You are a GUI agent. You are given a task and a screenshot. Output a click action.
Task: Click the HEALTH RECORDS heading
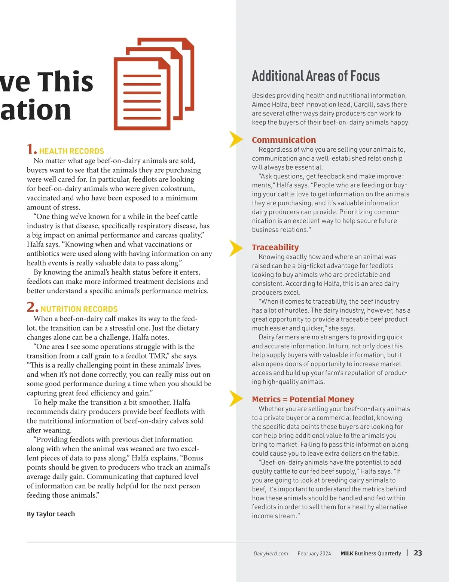click(71, 151)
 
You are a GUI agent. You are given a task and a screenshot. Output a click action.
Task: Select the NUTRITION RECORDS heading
click(79, 309)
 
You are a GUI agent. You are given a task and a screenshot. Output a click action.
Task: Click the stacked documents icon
click(153, 84)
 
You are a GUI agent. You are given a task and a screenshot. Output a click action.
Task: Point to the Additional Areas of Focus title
click(315, 76)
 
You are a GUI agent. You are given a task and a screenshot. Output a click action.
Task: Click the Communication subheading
click(284, 140)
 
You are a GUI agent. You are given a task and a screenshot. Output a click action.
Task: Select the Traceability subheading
click(275, 247)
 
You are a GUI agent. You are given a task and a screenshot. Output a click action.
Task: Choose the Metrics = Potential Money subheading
click(303, 399)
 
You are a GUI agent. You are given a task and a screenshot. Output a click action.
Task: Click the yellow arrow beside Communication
click(236, 140)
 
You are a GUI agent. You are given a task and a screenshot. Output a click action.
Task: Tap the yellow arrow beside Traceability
click(236, 248)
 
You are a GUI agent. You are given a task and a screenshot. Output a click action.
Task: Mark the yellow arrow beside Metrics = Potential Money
click(236, 399)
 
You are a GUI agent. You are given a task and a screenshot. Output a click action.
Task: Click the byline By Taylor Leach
click(51, 514)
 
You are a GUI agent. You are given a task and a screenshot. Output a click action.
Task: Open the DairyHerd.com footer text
click(271, 554)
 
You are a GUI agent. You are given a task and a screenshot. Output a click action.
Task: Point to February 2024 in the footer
click(314, 554)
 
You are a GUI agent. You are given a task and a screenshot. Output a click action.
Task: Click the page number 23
click(418, 553)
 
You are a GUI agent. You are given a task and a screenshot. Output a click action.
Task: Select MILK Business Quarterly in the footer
click(370, 554)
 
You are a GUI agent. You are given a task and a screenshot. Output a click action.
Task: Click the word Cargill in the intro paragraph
click(362, 105)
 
